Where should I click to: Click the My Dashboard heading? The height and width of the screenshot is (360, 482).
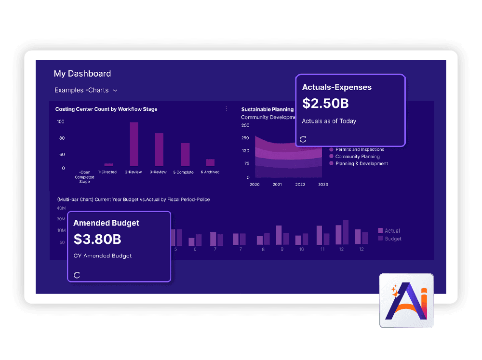click(82, 74)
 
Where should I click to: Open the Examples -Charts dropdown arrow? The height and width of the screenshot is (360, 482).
click(115, 91)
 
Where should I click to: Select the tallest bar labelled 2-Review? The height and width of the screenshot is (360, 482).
click(134, 144)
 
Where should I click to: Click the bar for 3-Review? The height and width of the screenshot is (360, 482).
click(159, 149)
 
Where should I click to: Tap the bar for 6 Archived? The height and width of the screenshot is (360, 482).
click(210, 162)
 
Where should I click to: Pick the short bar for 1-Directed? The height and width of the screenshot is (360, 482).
click(108, 165)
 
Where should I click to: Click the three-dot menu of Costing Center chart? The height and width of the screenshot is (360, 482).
click(227, 109)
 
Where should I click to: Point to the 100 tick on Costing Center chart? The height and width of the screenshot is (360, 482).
click(61, 121)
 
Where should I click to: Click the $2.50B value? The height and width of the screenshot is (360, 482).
click(325, 103)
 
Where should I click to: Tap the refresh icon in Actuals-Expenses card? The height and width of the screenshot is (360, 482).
click(303, 139)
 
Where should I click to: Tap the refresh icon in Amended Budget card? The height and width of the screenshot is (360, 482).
click(77, 275)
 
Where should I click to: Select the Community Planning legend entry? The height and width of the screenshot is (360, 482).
click(357, 157)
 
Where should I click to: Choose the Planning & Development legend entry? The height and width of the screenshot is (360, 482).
click(361, 164)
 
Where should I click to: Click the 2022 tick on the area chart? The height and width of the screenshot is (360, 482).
click(300, 185)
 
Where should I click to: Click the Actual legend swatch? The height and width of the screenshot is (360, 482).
click(380, 231)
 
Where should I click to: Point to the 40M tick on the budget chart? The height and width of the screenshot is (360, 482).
click(61, 208)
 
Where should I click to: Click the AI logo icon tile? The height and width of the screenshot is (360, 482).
click(406, 301)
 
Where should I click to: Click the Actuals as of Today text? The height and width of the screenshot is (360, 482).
click(329, 121)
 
